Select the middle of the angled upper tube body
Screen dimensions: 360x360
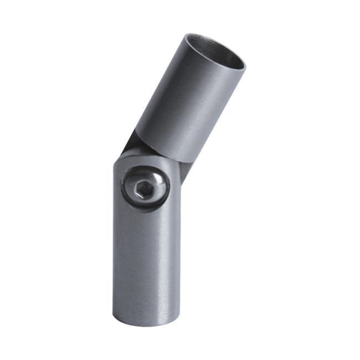pos(188,100)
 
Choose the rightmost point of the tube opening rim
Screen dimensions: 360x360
pos(245,64)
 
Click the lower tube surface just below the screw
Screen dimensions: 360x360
pos(145,222)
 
